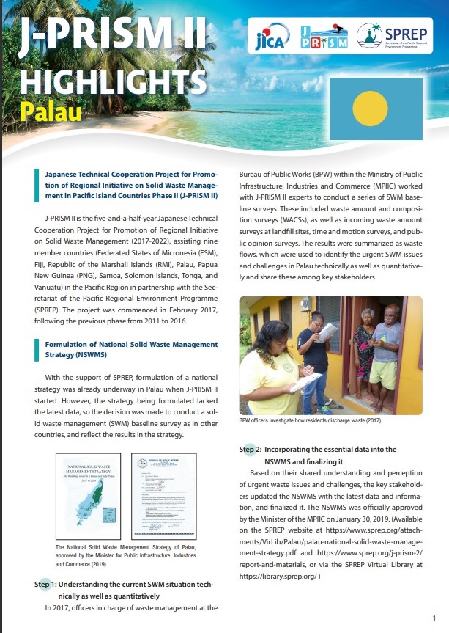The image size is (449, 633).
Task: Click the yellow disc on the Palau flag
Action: pyautogui.click(x=370, y=109)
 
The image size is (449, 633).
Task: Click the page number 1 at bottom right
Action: pyautogui.click(x=434, y=618)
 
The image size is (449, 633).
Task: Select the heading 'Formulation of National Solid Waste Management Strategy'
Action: pyautogui.click(x=131, y=348)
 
